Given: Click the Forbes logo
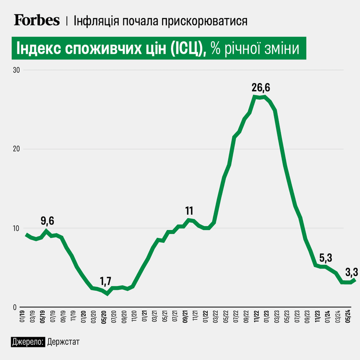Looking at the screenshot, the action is point(37,20).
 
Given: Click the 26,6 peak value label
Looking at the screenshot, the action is point(261,88).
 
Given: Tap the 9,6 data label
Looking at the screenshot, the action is point(47,221).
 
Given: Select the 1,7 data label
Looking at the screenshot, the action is point(106,281).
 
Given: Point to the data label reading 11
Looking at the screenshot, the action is point(189,211).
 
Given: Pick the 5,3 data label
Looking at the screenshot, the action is point(326,258).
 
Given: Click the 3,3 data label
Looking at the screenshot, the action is point(352,272).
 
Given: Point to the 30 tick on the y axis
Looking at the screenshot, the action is point(16,70).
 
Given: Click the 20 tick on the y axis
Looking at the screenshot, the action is point(16,149).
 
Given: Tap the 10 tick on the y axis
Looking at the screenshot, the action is point(16,228).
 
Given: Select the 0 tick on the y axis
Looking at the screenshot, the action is point(15,307).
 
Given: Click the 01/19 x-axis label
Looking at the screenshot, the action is point(23,317).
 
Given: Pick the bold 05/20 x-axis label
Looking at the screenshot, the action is point(104,317).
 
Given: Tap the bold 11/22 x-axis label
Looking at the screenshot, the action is point(256,317).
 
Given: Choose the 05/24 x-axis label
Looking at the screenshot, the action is point(348,317).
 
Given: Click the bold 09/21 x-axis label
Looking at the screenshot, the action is point(185,317).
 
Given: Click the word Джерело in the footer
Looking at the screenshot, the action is point(28,342).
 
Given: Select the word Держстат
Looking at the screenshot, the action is point(63,342).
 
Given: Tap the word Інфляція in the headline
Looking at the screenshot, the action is point(97,21).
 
